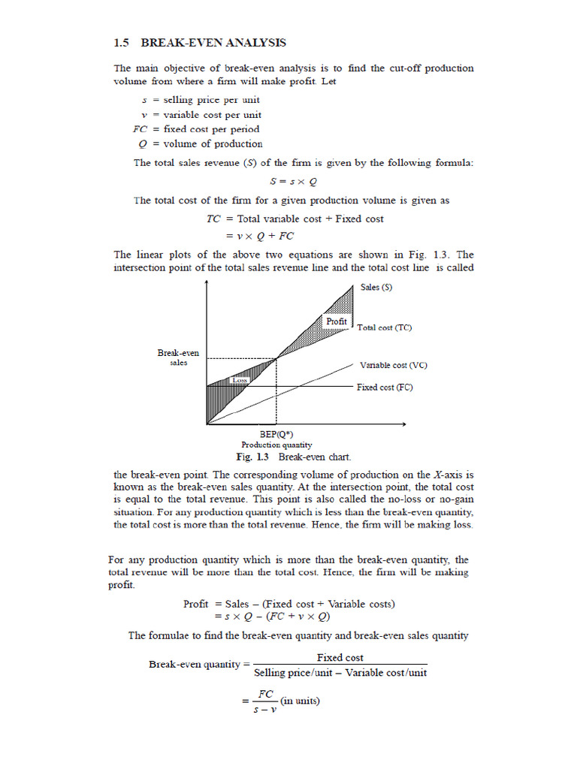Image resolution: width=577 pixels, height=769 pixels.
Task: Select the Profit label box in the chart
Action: tap(337, 321)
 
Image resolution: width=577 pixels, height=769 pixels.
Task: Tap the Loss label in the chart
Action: tap(240, 380)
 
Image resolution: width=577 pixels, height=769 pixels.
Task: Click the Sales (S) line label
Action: tap(376, 288)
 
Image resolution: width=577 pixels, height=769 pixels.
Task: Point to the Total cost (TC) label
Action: tap(384, 327)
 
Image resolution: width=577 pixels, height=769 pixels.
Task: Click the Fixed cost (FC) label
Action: tap(384, 388)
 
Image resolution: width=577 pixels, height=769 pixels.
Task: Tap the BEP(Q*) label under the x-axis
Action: tap(276, 436)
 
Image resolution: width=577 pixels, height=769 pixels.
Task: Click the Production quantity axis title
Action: tap(276, 445)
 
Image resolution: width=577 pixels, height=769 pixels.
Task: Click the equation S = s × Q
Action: tap(293, 181)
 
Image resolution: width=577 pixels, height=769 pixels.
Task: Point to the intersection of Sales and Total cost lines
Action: tap(276, 358)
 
